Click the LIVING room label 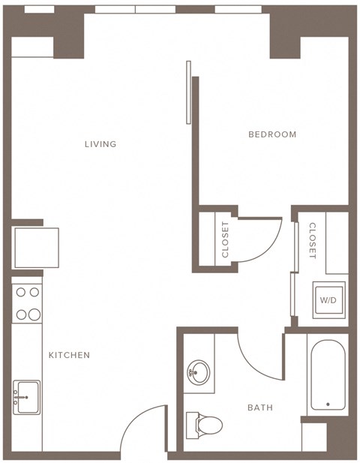(x=100, y=144)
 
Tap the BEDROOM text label (x=272, y=134)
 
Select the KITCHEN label (x=69, y=355)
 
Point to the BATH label (x=260, y=407)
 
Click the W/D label (x=328, y=300)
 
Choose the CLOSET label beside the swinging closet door (x=225, y=239)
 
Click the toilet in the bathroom (x=204, y=424)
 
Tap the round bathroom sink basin (x=199, y=371)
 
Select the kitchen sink (x=27, y=396)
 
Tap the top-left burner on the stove (x=21, y=293)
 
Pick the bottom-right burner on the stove (x=34, y=314)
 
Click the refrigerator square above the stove (x=36, y=247)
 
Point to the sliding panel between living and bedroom (x=188, y=92)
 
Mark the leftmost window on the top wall (x=39, y=9)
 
